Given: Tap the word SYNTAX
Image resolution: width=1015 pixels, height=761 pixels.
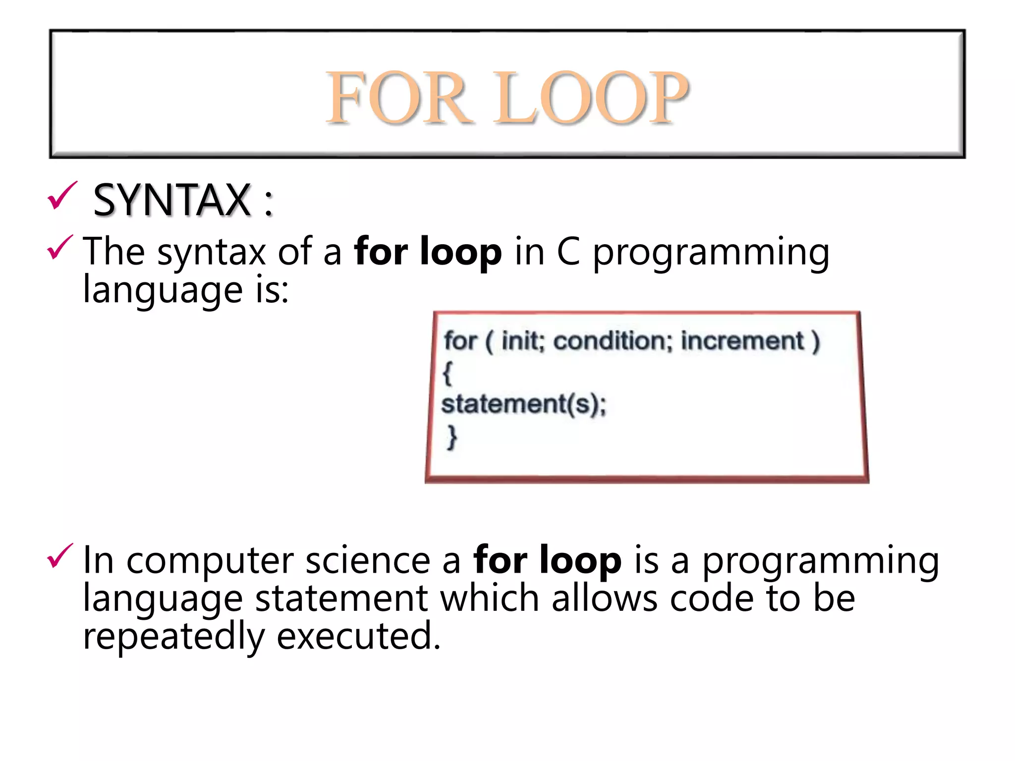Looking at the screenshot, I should (172, 200).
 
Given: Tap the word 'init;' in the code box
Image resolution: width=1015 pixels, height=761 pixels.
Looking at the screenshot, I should (523, 341).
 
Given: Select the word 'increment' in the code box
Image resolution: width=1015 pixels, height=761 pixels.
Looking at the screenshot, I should (742, 341).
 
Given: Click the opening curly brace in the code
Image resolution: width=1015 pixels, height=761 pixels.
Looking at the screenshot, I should (448, 373).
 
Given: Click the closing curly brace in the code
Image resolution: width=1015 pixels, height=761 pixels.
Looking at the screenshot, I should (451, 436).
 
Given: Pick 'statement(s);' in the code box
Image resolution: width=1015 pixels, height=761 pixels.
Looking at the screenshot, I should (524, 404).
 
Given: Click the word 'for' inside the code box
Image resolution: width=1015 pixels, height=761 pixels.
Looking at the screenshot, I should (460, 341).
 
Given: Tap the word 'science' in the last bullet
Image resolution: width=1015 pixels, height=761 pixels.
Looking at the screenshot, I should (368, 561).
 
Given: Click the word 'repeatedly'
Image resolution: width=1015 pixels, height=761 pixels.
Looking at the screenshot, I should (173, 637).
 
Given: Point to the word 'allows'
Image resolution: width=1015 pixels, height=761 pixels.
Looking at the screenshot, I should (605, 598).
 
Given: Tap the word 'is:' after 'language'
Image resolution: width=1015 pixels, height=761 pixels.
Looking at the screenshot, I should (272, 290).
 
